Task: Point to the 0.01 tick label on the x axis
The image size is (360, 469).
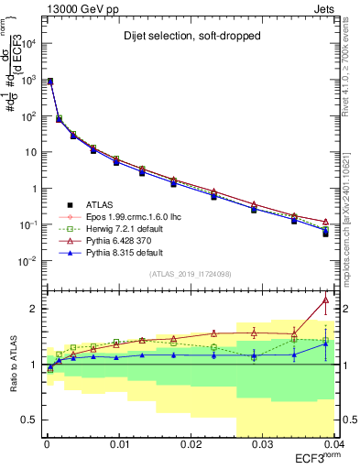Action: pyautogui.click(x=118, y=444)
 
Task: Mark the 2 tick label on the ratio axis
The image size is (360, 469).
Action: pyautogui.click(x=34, y=309)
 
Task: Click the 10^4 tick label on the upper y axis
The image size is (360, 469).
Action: pyautogui.click(x=30, y=43)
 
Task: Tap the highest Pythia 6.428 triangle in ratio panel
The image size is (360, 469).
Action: pyautogui.click(x=325, y=300)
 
